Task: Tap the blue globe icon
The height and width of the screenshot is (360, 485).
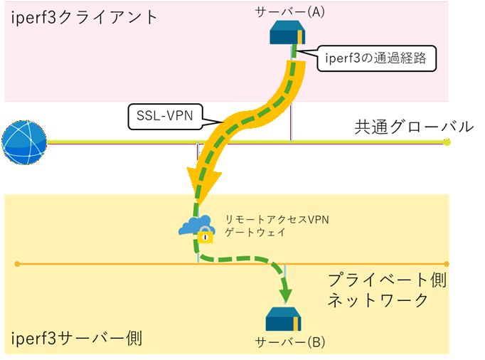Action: (x=23, y=142)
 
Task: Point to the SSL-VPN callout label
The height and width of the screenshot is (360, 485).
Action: (x=164, y=115)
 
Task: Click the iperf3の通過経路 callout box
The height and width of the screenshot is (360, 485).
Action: (x=375, y=58)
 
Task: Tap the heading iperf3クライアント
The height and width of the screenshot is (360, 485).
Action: (x=84, y=18)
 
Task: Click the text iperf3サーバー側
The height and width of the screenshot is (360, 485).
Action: (x=77, y=337)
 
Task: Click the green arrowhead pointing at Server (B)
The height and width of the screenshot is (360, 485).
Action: (x=286, y=294)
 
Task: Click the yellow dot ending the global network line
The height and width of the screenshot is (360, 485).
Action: (x=447, y=142)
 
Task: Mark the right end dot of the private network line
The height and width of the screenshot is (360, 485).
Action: (x=447, y=263)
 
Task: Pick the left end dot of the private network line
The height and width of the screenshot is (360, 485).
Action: (x=17, y=263)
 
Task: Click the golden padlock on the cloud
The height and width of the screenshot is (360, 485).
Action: (x=205, y=235)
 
